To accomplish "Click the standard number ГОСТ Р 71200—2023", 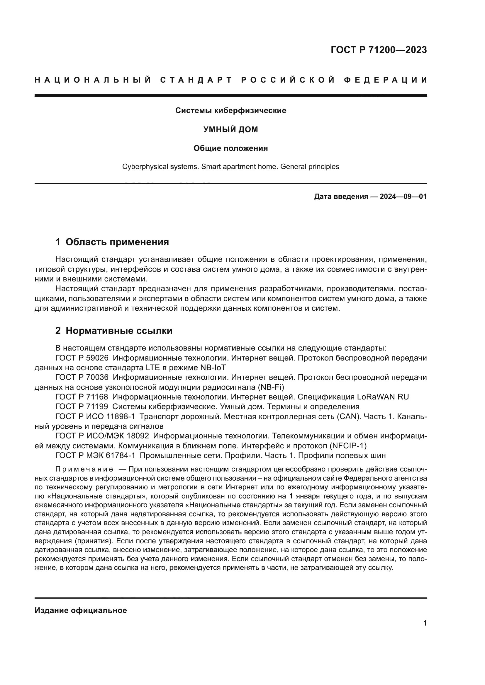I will point(379,50).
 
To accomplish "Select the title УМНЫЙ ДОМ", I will point(230,129).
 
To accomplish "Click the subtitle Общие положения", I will point(230,148).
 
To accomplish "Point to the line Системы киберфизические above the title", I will point(230,111).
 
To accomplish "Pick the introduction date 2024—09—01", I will point(403,197).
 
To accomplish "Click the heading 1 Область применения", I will point(112,242).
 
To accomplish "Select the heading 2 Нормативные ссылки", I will point(114,331).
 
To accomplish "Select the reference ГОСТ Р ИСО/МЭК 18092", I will point(102,436).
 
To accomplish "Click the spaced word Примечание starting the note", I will point(84,469).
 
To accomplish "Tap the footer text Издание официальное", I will point(81,610).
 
